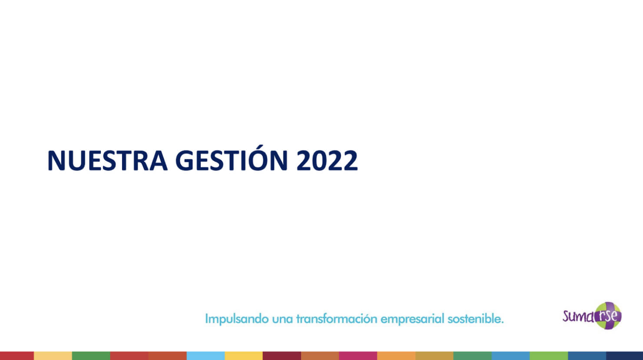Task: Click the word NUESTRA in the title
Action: pos(107,160)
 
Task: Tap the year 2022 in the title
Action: pos(327,160)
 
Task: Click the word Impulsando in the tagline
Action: pos(237,319)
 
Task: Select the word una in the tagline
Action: pos(282,320)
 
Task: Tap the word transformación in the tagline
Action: pos(337,319)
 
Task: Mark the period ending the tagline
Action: pos(502,323)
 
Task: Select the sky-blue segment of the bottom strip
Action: pos(205,356)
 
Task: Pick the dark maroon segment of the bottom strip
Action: pos(282,356)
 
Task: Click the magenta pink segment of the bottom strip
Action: pos(358,356)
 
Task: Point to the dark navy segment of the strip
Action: pos(625,356)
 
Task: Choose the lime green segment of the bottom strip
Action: pos(549,356)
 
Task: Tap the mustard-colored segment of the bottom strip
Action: pos(434,356)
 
